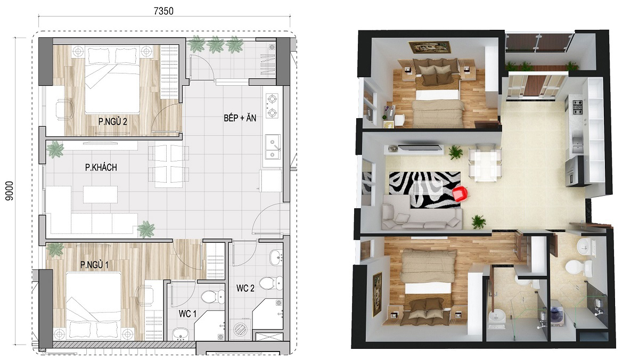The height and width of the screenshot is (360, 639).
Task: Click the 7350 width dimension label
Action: point(163,11)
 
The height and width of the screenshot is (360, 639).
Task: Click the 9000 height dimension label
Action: point(10,191)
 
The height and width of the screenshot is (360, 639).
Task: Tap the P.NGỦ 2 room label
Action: point(113,122)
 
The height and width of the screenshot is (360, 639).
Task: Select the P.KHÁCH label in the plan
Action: point(101,167)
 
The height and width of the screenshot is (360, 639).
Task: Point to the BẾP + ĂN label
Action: point(240,118)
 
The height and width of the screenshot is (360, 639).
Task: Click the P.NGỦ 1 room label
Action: point(94,265)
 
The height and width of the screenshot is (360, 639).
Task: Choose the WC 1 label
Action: point(187,314)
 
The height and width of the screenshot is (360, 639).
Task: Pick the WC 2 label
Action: point(245,288)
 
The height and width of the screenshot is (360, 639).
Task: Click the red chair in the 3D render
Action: point(460,194)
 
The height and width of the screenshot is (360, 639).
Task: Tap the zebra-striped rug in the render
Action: point(424,190)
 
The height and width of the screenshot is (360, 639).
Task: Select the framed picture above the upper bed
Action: point(430,47)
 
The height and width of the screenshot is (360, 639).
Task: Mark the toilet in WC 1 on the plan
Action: point(212,297)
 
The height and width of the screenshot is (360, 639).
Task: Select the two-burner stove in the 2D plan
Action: point(272,106)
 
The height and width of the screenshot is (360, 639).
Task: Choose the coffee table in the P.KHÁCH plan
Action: point(100,194)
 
